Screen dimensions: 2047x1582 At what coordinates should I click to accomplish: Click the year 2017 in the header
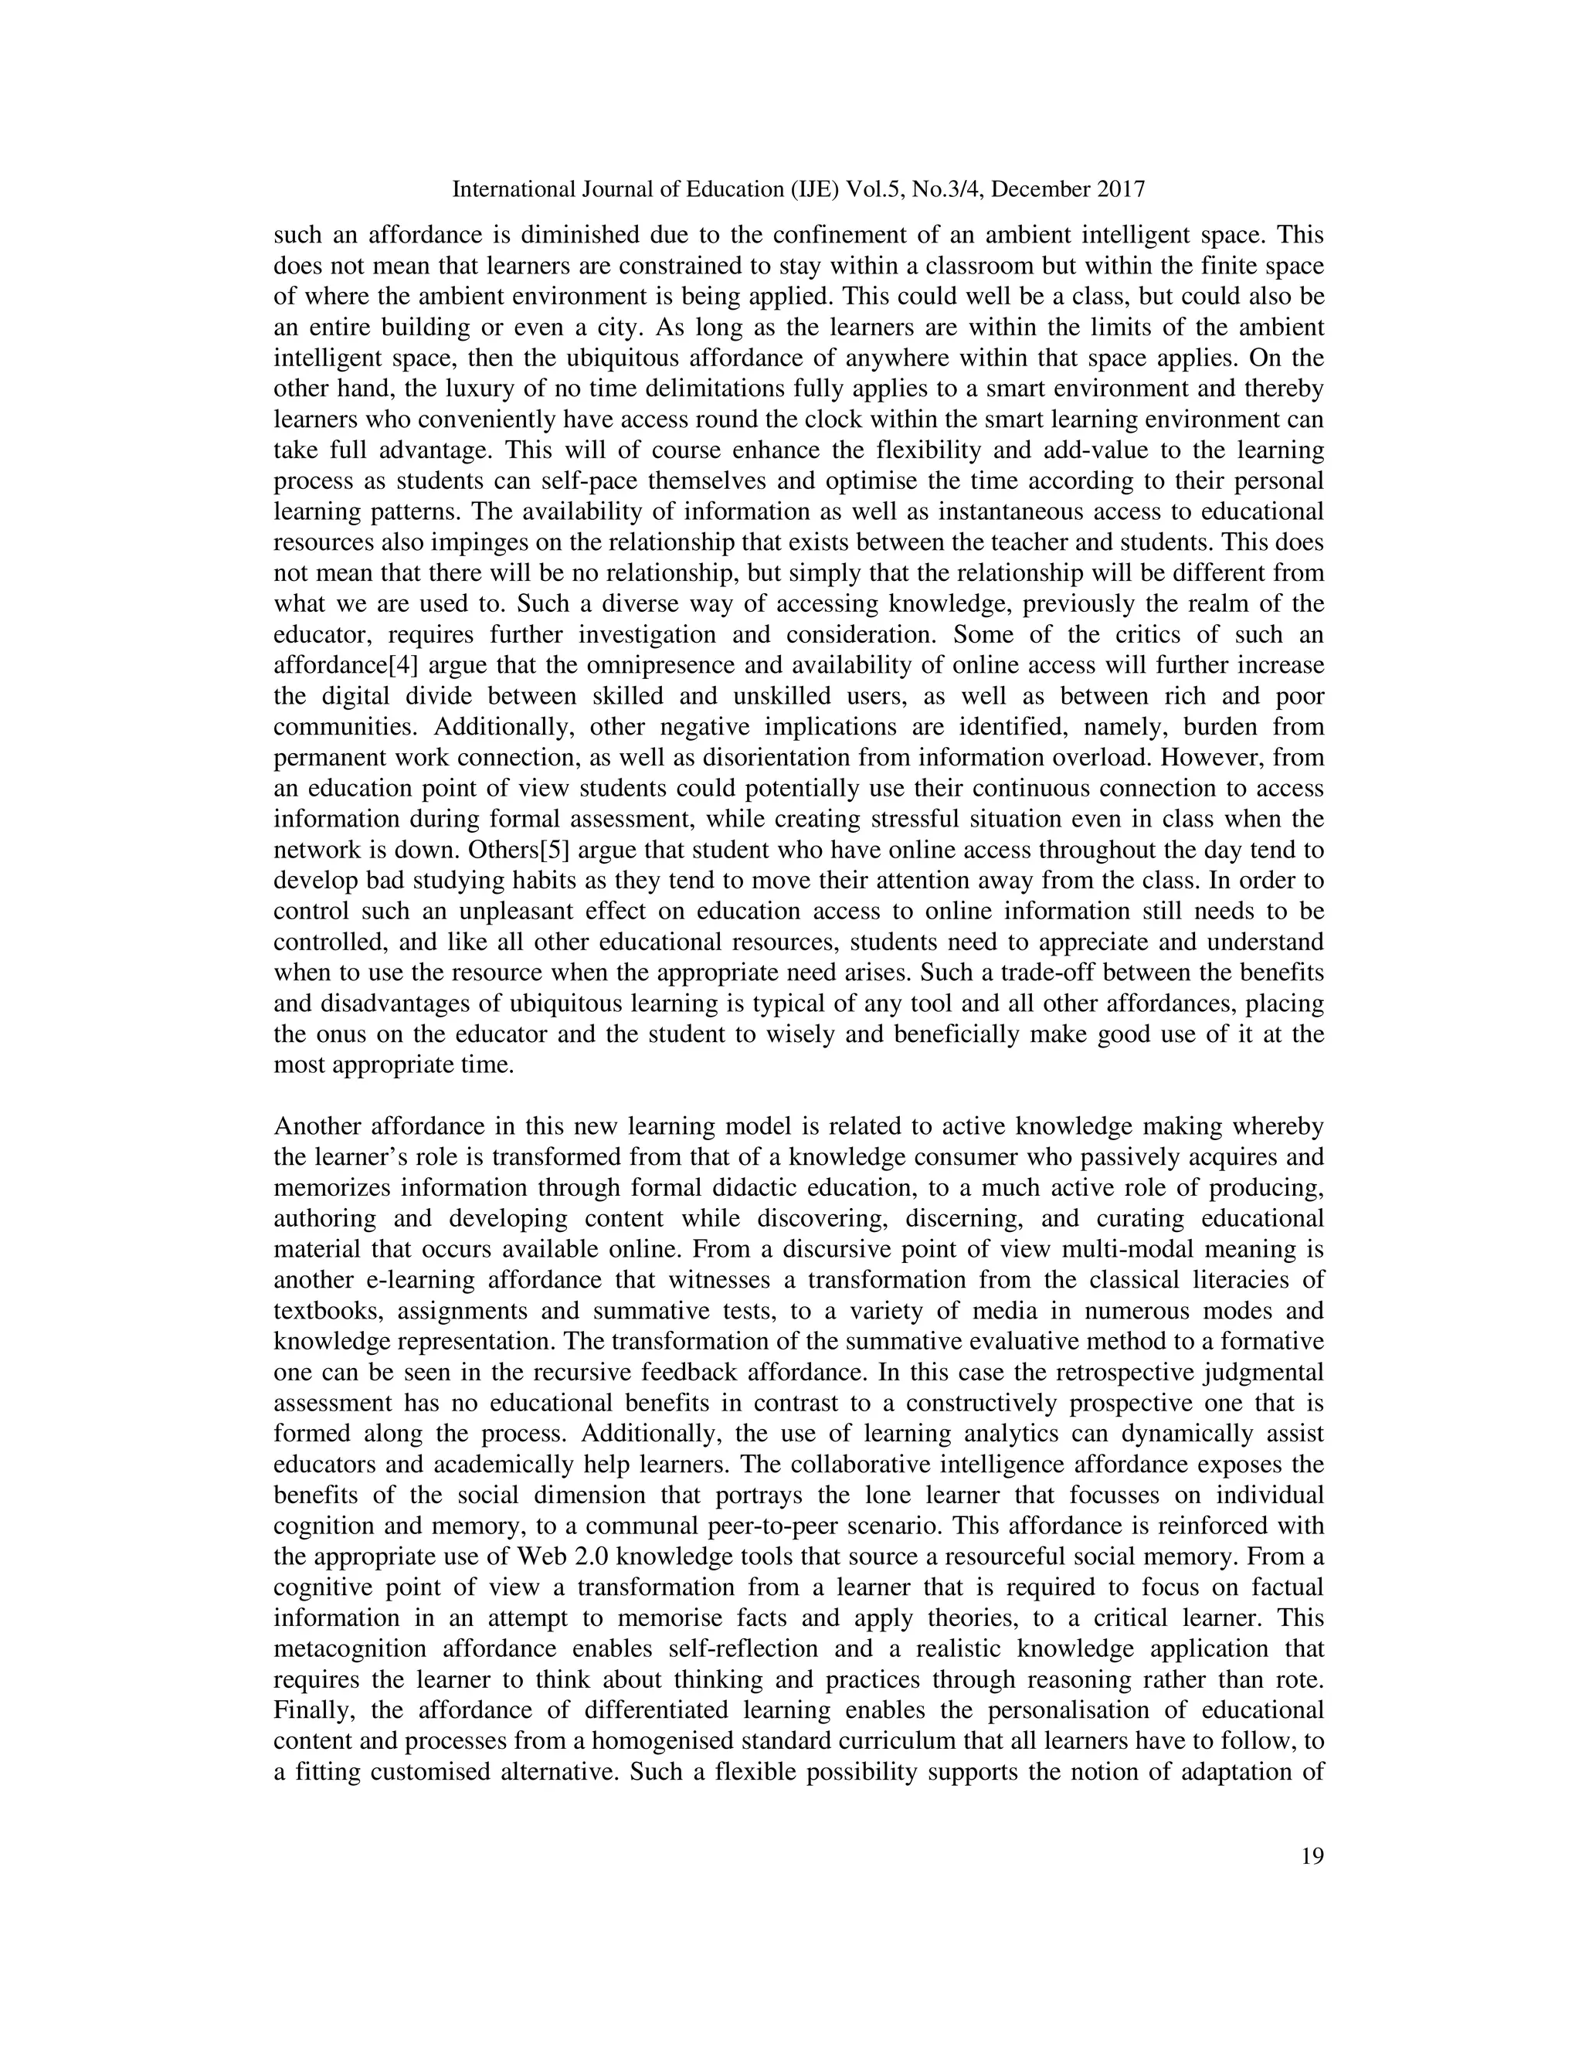tap(1119, 189)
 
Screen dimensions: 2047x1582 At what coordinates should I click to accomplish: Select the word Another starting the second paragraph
tap(316, 1126)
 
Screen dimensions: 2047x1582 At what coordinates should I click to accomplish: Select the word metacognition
tap(351, 1648)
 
